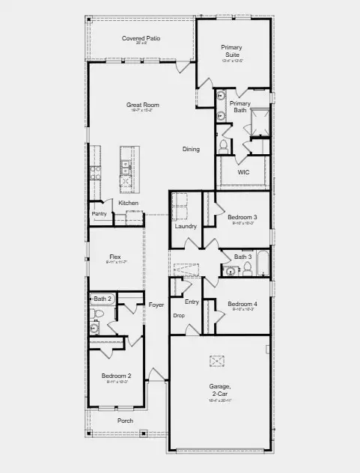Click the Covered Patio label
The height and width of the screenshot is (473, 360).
click(141, 38)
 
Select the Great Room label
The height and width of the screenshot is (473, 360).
click(142, 105)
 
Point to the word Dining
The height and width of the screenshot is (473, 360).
click(192, 149)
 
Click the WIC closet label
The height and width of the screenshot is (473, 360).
click(243, 172)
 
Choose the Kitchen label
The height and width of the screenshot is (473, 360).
click(128, 204)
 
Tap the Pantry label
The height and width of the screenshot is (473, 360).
click(100, 213)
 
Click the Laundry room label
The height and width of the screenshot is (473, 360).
click(186, 226)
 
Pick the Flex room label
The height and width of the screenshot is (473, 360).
click(115, 257)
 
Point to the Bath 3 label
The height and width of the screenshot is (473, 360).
click(242, 257)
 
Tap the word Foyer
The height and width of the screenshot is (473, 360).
click(156, 305)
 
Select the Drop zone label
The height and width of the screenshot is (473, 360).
click(179, 315)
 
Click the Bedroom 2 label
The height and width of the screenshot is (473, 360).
click(117, 376)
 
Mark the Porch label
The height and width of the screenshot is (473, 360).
click(126, 421)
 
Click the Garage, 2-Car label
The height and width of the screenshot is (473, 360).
click(220, 389)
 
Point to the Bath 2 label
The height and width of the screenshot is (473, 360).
click(103, 299)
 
